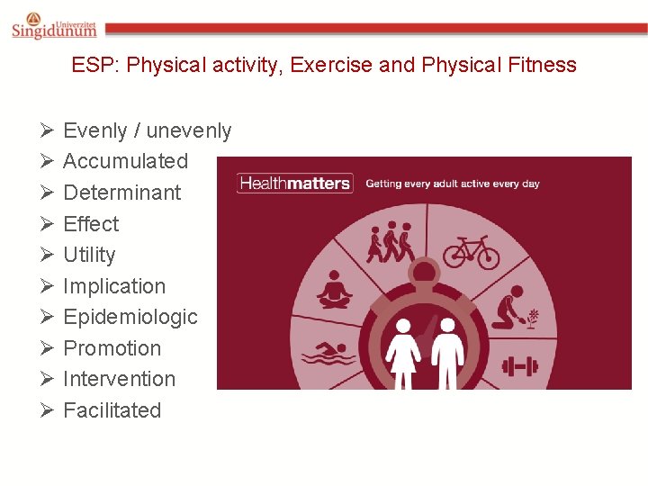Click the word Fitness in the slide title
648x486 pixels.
(542, 65)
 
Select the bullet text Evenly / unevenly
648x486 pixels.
(147, 130)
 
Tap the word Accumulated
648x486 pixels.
(125, 162)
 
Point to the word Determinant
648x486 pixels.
(121, 193)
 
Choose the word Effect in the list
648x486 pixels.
(91, 224)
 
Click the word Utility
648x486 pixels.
(89, 255)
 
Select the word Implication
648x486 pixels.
(114, 286)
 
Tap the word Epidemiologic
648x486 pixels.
(130, 317)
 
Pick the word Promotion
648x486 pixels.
(112, 348)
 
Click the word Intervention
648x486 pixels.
(119, 379)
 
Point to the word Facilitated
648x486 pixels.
(112, 410)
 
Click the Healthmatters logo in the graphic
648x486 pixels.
(293, 184)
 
